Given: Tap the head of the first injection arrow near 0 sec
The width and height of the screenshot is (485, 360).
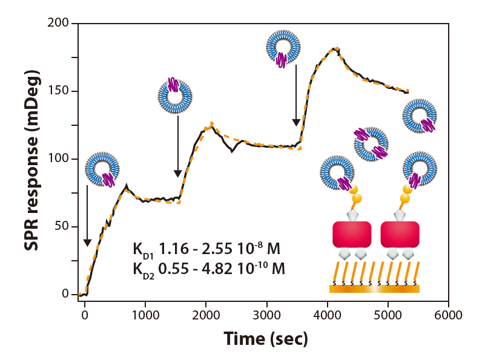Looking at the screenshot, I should [87, 243].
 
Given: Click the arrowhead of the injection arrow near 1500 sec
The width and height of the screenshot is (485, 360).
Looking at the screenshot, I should [178, 174].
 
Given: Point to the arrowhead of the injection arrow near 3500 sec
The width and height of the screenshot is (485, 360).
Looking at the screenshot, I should [296, 122].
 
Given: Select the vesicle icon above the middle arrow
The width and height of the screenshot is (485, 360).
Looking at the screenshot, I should [175, 95].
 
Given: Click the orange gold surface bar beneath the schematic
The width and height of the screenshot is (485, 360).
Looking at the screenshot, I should [374, 289].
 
